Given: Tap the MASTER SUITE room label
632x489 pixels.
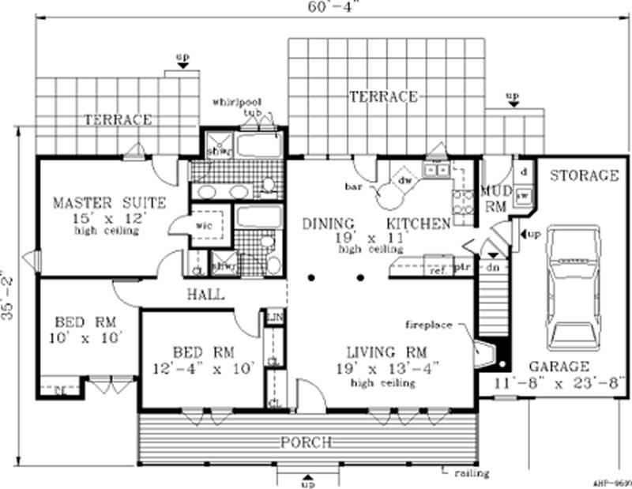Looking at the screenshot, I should tap(109, 204).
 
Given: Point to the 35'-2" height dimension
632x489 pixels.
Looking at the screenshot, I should tap(8, 295).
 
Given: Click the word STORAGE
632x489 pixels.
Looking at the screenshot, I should tap(584, 175).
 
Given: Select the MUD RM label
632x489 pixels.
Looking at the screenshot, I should tap(494, 197).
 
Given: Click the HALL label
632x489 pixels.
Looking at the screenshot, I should tap(205, 295).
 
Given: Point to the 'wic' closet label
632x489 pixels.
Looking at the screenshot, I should tap(200, 224).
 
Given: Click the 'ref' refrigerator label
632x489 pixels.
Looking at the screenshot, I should tap(437, 270).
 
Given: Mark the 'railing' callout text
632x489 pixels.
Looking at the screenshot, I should tap(472, 474).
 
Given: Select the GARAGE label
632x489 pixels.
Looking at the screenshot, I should tap(559, 367).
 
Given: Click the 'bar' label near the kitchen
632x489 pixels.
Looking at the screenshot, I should tap(352, 188).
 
